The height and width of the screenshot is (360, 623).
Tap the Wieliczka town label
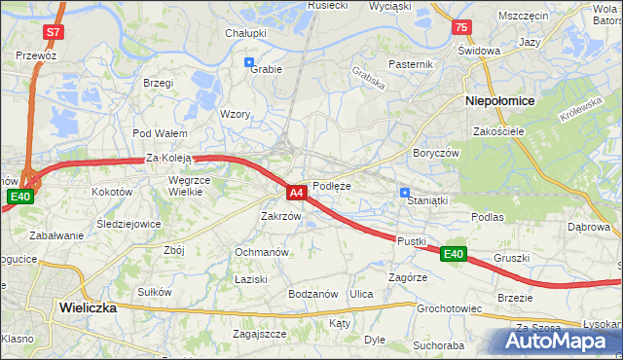(x=88, y=306)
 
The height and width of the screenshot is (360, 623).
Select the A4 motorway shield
(x=298, y=193)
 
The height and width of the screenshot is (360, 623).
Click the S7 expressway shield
(x=53, y=31)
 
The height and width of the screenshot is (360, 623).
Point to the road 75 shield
(x=460, y=27)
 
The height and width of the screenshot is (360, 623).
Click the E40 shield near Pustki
(x=452, y=254)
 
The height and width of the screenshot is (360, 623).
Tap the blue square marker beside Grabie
(x=249, y=62)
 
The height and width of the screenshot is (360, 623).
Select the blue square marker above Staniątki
(x=405, y=193)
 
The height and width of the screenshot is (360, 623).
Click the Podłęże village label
(x=331, y=185)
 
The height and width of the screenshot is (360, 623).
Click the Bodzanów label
(x=312, y=294)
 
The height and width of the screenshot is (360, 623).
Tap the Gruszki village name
(x=511, y=258)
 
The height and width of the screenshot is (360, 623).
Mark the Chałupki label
(x=246, y=33)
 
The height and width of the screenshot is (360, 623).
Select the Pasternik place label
(x=410, y=64)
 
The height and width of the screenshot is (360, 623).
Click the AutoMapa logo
(x=559, y=341)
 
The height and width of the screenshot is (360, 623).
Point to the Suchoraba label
(x=438, y=344)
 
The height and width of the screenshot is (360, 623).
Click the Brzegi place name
(x=158, y=84)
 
